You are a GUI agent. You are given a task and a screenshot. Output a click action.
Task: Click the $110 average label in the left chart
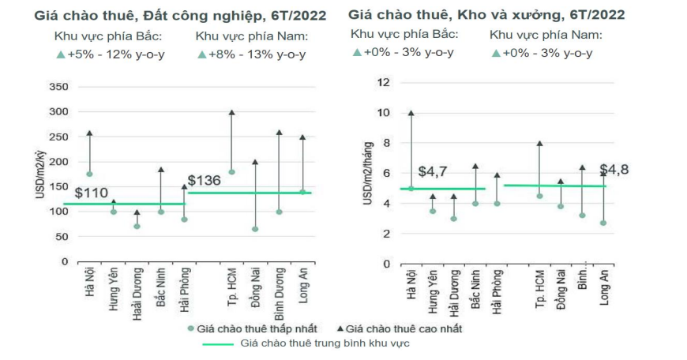[91, 193]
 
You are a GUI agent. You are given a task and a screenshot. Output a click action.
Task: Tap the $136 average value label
[203, 180]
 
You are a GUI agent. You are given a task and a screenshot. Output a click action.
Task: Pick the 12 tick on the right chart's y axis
[384, 82]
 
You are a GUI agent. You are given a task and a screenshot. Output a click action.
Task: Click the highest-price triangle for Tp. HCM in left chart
[232, 112]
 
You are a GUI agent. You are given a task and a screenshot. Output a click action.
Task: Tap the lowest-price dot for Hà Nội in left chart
[89, 174]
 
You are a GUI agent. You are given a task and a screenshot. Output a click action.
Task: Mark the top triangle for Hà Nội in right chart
[411, 112]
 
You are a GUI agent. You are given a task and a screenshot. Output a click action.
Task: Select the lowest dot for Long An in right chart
[603, 223]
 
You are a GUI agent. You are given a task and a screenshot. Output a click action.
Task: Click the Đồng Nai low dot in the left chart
[256, 229]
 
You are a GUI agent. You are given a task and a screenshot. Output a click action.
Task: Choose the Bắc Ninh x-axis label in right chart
[475, 292]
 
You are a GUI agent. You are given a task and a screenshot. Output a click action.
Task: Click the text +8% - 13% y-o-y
[252, 54]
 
